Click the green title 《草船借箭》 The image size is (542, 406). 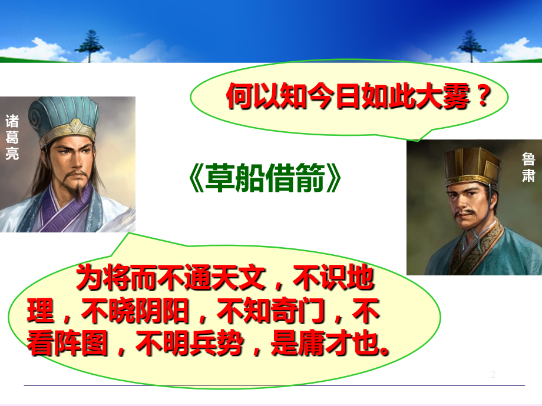[x=265, y=178]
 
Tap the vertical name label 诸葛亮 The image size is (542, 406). [x=12, y=137]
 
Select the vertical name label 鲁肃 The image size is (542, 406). [x=528, y=168]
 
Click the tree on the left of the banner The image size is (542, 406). [x=89, y=46]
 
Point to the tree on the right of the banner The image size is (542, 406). [x=471, y=46]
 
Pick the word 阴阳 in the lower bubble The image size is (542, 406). [x=163, y=311]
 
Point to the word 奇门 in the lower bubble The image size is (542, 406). [x=298, y=311]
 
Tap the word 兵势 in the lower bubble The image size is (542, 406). [x=217, y=344]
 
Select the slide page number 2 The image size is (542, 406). [x=493, y=374]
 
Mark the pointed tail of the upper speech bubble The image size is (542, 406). [x=418, y=141]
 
